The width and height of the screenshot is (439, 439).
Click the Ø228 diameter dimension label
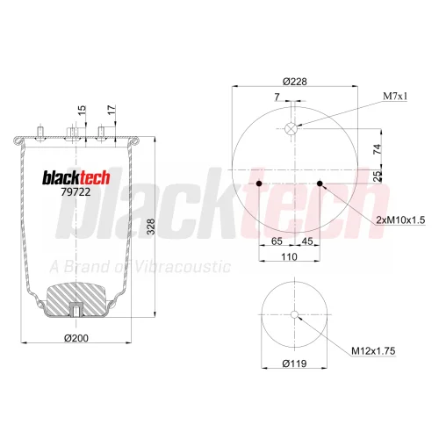tap(295, 81)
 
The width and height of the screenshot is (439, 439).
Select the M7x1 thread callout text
tap(395, 96)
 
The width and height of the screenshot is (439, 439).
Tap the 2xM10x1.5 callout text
tap(400, 219)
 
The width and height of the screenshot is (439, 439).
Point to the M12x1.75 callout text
tap(373, 350)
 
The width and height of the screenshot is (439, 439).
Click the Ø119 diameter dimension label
tap(294, 363)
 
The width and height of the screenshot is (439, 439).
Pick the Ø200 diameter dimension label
tap(76, 338)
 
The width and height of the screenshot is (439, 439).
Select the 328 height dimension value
tap(150, 227)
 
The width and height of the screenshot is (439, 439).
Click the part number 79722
tap(76, 192)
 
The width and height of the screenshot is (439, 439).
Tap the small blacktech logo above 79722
tap(76, 177)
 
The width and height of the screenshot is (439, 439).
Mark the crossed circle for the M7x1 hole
tap(291, 128)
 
